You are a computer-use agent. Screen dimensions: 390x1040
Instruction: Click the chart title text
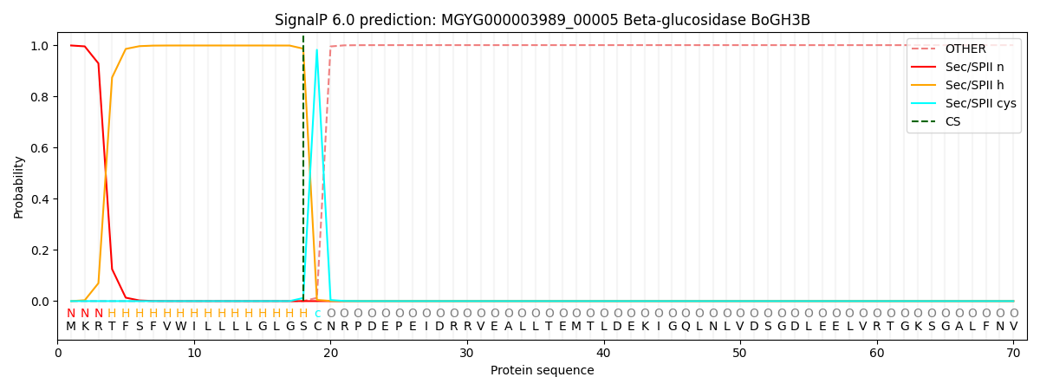click(542, 20)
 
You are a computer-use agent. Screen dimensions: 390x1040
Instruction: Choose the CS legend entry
click(952, 121)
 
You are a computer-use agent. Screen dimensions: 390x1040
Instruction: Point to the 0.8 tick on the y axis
click(40, 97)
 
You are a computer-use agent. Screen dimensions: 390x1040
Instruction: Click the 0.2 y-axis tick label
click(40, 250)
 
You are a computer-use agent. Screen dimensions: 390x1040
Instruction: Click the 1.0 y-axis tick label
click(40, 46)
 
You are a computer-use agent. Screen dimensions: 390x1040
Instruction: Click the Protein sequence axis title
click(542, 371)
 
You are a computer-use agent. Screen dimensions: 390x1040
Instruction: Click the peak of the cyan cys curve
click(317, 49)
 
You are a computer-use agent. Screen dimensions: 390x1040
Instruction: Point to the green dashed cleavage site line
click(303, 173)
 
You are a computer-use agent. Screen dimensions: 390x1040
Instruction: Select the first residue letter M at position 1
click(71, 327)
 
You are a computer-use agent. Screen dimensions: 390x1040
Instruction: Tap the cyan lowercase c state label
click(317, 314)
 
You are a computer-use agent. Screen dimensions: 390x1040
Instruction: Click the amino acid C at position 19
click(317, 327)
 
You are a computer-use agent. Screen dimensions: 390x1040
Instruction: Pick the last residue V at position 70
click(1013, 327)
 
